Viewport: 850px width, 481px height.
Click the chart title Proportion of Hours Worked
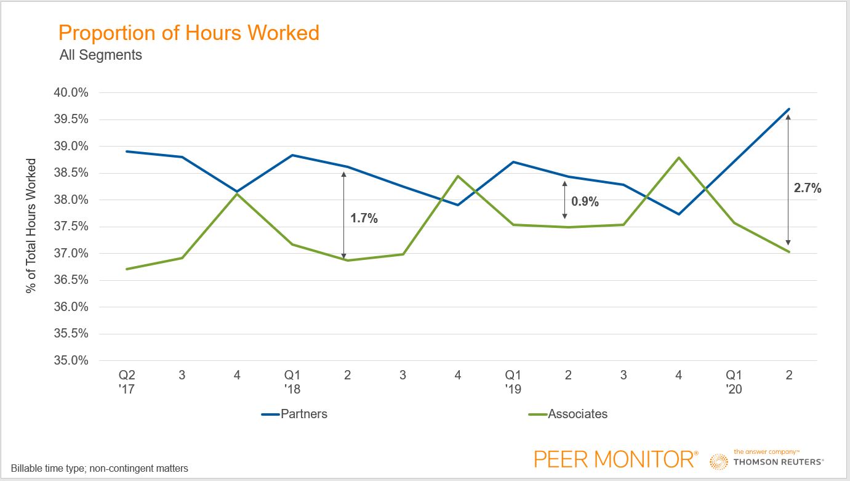(x=189, y=32)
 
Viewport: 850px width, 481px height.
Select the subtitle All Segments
(x=100, y=55)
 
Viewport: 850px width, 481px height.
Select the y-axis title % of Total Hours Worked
(x=31, y=226)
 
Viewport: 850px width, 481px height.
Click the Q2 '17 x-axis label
(x=127, y=382)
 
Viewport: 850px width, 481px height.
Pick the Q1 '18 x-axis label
(x=292, y=382)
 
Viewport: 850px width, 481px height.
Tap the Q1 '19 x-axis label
(x=513, y=382)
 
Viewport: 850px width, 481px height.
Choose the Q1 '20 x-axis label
(x=734, y=382)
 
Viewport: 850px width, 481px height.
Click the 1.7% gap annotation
(x=364, y=218)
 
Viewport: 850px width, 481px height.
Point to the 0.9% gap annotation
(x=585, y=201)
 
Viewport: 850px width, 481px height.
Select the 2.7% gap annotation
(x=808, y=188)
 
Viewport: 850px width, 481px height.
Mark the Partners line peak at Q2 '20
(x=789, y=109)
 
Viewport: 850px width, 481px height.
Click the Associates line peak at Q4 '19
(x=678, y=158)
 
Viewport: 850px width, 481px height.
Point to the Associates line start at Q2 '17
(x=127, y=269)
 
